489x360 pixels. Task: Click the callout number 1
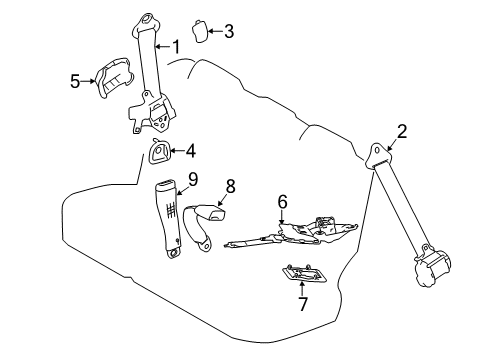176,45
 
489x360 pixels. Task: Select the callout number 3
228,31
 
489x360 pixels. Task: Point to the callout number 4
191,151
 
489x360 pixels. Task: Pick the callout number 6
282,201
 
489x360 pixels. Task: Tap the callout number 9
193,179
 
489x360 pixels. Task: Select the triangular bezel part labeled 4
159,153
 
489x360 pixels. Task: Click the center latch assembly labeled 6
300,233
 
